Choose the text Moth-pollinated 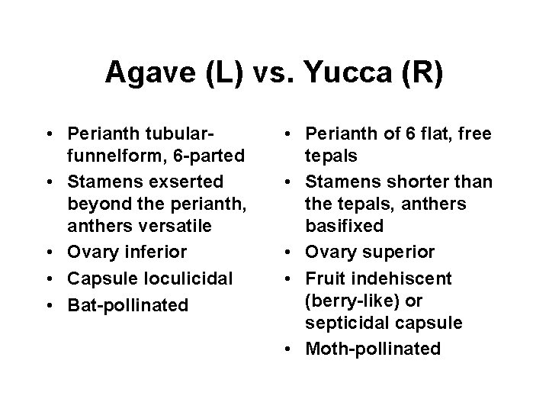tap(372, 350)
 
